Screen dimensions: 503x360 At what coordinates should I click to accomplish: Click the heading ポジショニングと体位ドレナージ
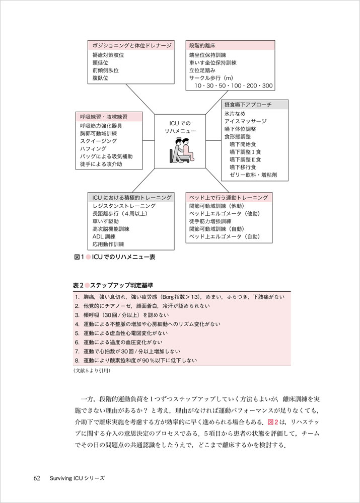tap(132, 45)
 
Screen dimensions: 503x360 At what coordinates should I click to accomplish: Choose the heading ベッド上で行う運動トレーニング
tap(229, 197)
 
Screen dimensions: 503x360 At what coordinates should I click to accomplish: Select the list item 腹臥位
tap(101, 78)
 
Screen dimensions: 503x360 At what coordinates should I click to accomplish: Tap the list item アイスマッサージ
tap(246, 121)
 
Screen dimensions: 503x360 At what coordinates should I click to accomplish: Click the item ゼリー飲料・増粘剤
tap(253, 175)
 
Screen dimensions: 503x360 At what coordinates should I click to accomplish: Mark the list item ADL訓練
tap(104, 236)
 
